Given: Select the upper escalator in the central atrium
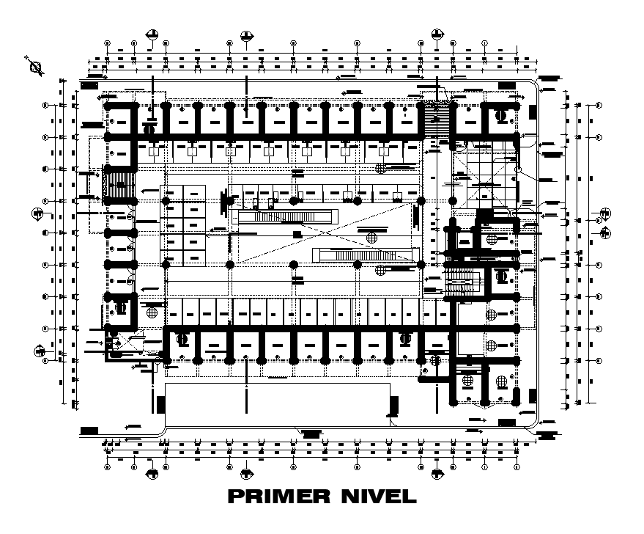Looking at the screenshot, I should (286, 217).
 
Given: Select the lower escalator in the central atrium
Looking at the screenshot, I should (364, 255).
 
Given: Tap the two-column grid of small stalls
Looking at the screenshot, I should (183, 224).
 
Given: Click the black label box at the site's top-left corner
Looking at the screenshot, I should (89, 87).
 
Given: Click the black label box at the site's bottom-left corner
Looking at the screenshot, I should (89, 430).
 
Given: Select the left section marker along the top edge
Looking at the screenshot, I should (152, 34).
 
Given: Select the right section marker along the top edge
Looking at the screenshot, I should (437, 34).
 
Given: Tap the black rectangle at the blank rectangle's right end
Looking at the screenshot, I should (393, 405).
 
